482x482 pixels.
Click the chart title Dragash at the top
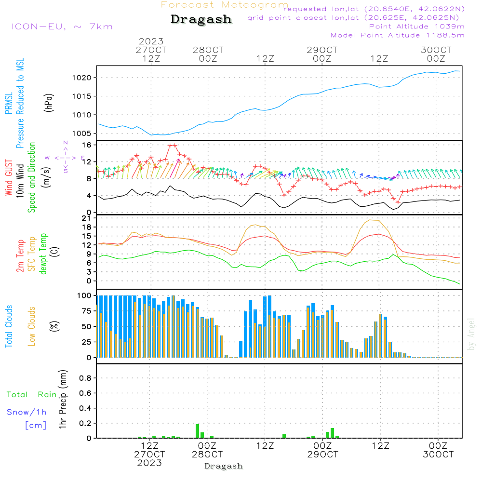201,20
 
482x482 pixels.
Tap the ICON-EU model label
62,27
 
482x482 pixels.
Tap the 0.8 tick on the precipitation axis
85,378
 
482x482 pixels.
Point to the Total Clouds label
9,326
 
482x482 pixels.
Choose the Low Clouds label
32,326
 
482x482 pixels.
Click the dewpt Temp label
43,254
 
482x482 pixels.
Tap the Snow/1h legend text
27,413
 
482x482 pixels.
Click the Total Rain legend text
32,395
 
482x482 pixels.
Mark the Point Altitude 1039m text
416,26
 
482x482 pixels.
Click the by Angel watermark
472,334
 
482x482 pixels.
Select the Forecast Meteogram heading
225,5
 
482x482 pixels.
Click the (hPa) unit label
48,102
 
